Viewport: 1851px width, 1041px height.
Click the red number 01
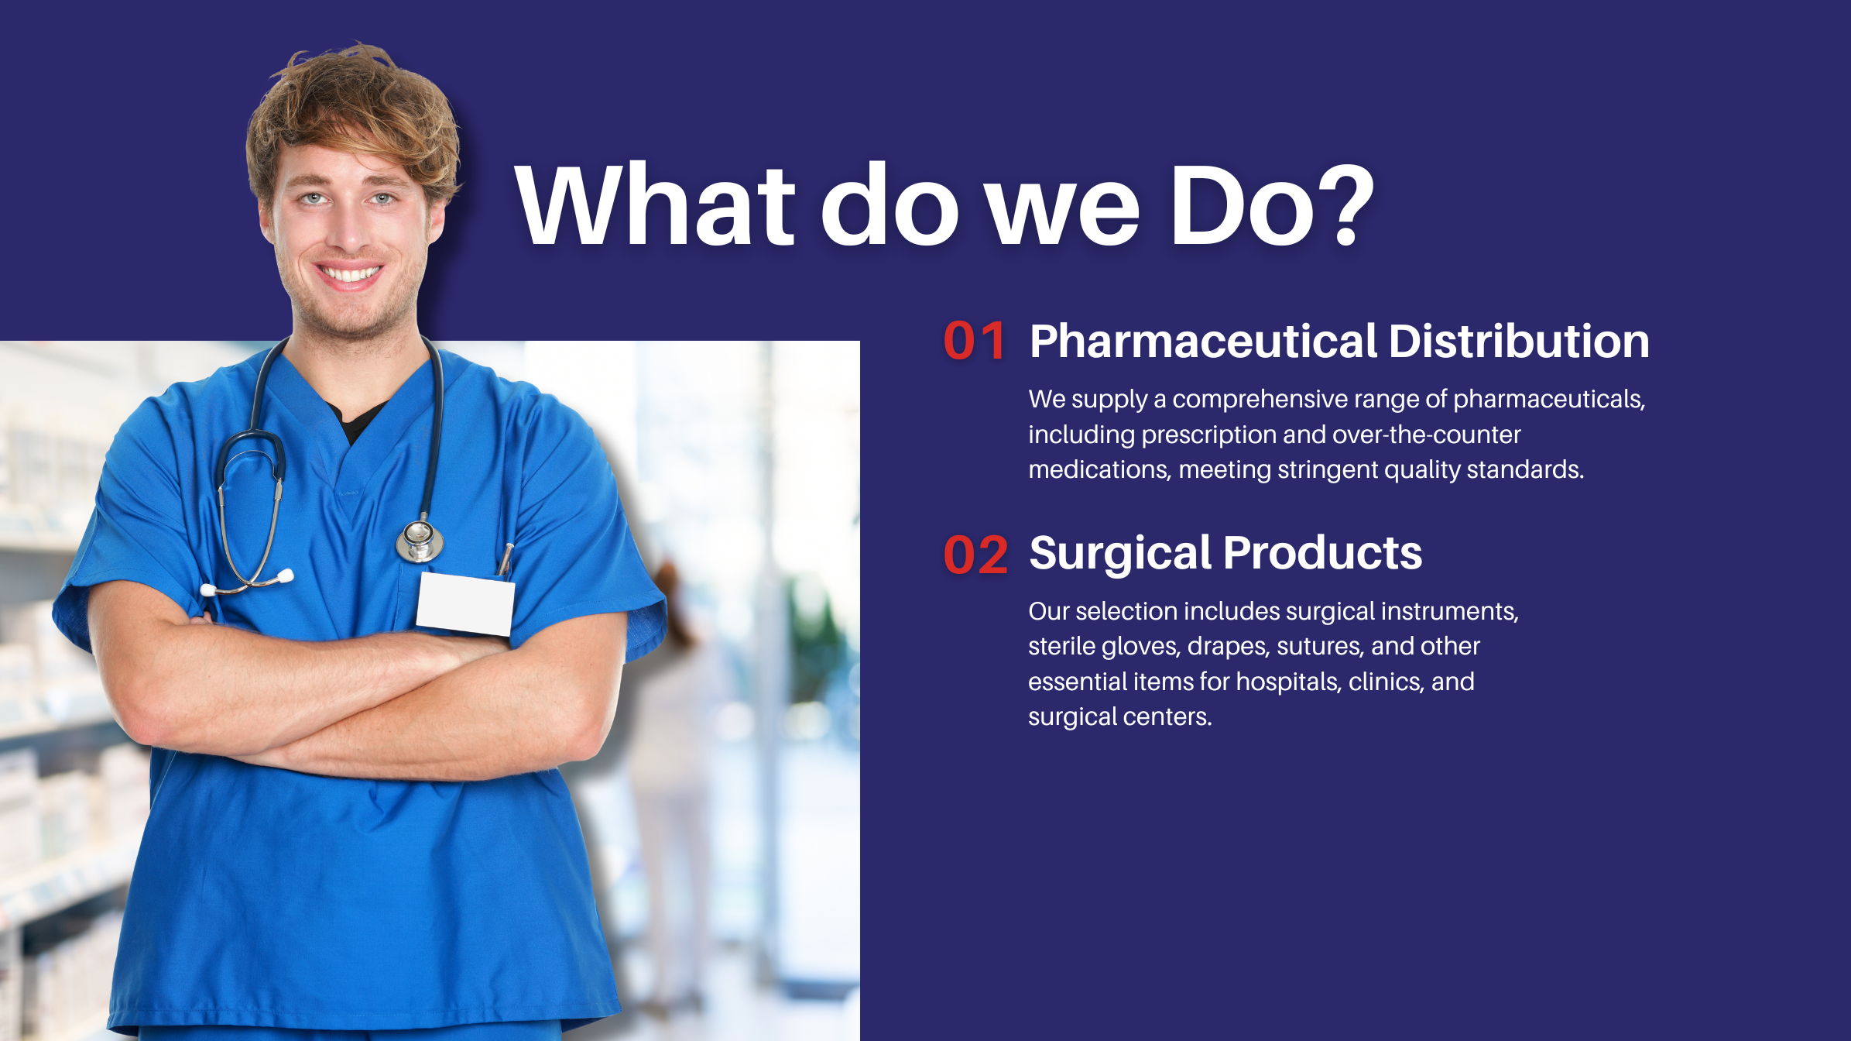pyautogui.click(x=975, y=341)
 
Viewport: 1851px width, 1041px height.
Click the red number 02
pyautogui.click(x=975, y=555)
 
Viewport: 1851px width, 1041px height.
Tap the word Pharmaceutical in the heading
pyautogui.click(x=1204, y=341)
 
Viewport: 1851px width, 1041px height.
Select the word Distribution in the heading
pyautogui.click(x=1519, y=341)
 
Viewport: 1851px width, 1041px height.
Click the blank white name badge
pyautogui.click(x=465, y=604)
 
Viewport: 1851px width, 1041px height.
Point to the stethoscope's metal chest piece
pyautogui.click(x=420, y=541)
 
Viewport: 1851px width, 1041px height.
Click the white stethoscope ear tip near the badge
pyautogui.click(x=286, y=575)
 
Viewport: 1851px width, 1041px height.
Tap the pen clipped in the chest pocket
pyautogui.click(x=505, y=559)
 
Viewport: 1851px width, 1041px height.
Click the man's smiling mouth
pyautogui.click(x=350, y=273)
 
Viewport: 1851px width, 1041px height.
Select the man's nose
pyautogui.click(x=350, y=228)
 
